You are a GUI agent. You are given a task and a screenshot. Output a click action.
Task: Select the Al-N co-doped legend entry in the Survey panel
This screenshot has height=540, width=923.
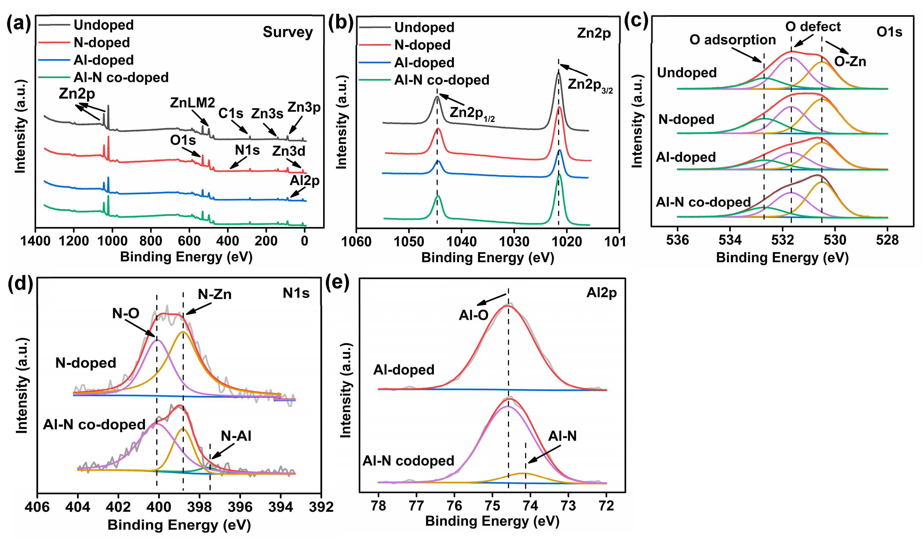point(121,78)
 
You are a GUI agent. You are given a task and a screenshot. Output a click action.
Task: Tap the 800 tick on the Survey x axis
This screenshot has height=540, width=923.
point(151,241)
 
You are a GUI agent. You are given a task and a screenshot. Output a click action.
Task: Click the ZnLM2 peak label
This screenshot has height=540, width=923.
point(192,103)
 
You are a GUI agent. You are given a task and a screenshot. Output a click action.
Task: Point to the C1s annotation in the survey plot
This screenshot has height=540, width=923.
point(231,114)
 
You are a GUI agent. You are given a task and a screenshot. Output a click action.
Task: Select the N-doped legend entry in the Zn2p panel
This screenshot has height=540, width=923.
point(422,45)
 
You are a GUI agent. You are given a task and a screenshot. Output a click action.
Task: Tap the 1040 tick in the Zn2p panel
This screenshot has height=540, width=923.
point(461,242)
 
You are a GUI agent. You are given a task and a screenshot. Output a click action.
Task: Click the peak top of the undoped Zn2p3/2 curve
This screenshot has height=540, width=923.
point(559,73)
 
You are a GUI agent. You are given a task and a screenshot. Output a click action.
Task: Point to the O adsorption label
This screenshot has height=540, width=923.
point(733,40)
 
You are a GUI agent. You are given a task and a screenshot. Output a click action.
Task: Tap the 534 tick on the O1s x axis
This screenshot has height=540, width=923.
point(730,240)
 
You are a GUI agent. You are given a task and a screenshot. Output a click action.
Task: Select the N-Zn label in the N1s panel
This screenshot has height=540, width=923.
point(215,294)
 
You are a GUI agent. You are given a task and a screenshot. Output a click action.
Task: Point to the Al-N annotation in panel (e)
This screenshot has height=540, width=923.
point(562,436)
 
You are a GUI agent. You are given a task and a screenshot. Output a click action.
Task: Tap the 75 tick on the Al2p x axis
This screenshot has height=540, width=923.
point(492,506)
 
